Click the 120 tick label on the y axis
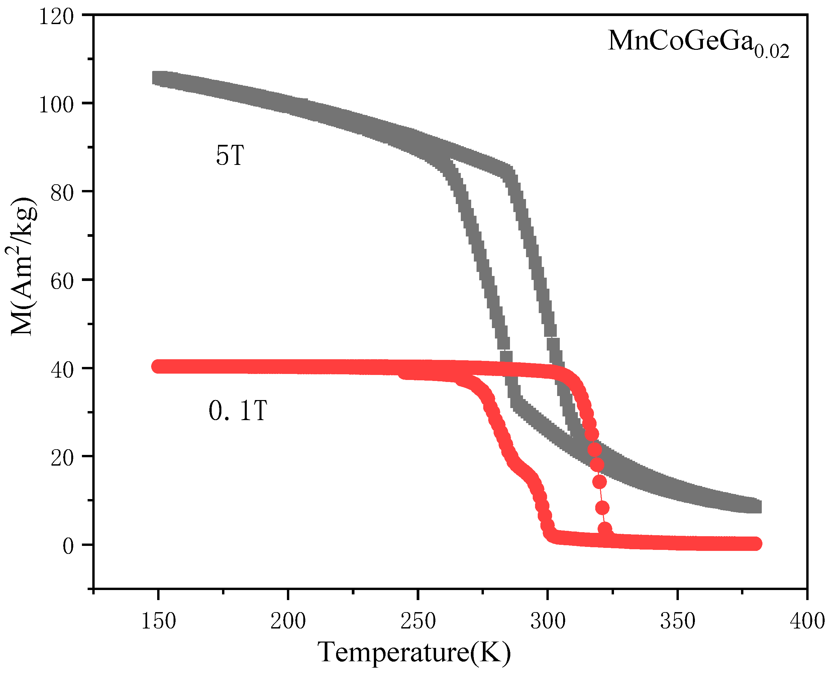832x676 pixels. (x=56, y=17)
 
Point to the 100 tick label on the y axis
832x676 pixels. (x=56, y=105)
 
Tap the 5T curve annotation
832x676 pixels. (x=230, y=156)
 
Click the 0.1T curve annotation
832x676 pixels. (x=238, y=410)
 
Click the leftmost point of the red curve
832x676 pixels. (x=158, y=366)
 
